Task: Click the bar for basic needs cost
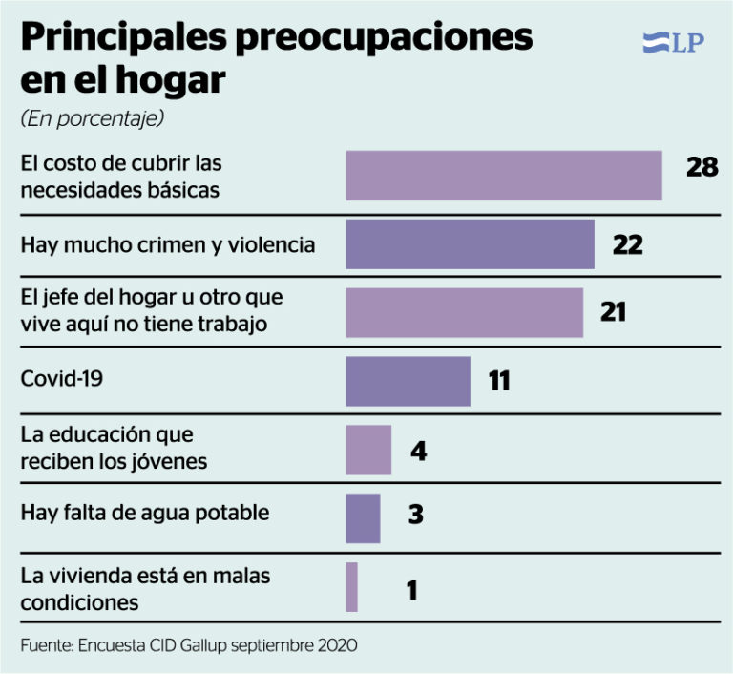coord(504,176)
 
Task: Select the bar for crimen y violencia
coord(471,244)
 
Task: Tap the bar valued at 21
coord(465,312)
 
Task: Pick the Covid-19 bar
coord(408,381)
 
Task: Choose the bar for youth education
coord(368,450)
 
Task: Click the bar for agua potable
coord(363,518)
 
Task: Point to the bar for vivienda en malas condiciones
coord(351,587)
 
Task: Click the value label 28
coord(702,167)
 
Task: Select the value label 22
coord(628,244)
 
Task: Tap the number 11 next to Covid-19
coord(499,380)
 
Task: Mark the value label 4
coord(419,452)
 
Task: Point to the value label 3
coord(416,514)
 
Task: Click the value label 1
coord(412,590)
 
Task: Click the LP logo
coord(673,43)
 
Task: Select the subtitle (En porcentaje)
coord(92,118)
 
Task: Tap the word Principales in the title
coord(124,38)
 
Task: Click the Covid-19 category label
coord(62,378)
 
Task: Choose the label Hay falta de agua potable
coord(145,513)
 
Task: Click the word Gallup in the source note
coord(204,645)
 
